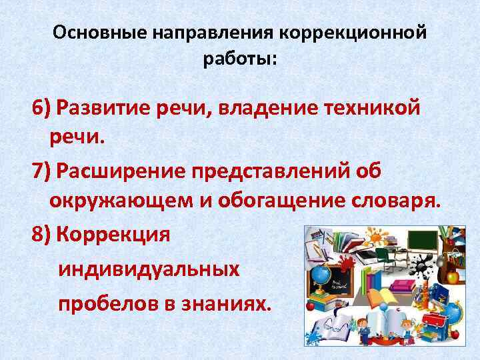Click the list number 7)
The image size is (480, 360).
[41, 171]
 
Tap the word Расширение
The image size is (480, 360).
[120, 171]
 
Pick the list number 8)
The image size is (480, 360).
[41, 234]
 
